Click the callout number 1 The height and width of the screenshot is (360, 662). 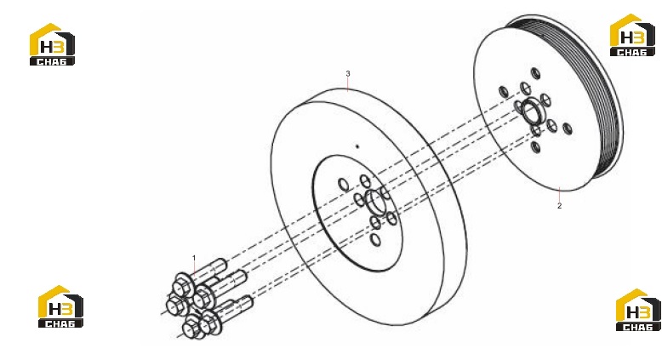coord(194,258)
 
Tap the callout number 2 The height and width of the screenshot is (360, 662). coord(559,206)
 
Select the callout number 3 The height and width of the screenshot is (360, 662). coord(348,73)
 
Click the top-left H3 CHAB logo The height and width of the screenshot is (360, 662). coord(52,44)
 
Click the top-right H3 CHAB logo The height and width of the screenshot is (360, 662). coord(632,35)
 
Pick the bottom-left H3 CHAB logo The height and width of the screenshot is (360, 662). coord(60,306)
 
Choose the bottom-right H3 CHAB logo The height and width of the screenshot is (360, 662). coord(638,310)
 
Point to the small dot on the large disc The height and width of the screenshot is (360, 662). coord(357,146)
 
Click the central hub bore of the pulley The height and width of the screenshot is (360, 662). coord(530,111)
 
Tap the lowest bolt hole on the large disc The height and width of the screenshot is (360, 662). coord(375,240)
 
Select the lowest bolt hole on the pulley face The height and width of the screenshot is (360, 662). coord(535,147)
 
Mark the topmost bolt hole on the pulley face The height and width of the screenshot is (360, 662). coord(535,73)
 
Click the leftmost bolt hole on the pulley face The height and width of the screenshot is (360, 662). coord(503,92)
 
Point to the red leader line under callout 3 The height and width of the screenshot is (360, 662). coord(348,84)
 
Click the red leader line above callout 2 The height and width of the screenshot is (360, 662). coord(559,195)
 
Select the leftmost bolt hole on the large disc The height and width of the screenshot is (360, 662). coord(343,184)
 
